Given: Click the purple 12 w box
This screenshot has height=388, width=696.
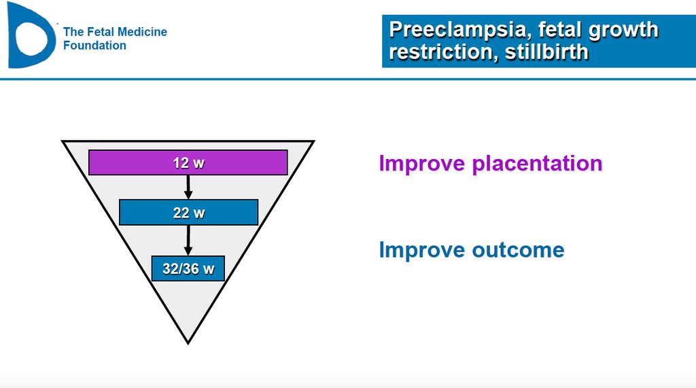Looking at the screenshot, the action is (188, 162).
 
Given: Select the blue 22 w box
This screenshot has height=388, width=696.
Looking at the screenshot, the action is (189, 212).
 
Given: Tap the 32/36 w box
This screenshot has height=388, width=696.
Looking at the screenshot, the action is (188, 268).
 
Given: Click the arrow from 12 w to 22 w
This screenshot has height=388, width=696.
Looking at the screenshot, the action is (188, 187).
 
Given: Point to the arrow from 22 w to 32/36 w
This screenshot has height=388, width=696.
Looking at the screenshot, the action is (188, 240).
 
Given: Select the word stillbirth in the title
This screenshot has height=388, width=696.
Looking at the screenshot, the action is (546, 52).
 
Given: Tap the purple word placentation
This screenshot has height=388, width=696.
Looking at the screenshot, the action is (537, 164).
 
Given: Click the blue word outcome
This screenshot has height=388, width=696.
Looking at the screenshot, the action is (518, 250).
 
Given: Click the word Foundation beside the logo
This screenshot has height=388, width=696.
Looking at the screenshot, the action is (94, 46).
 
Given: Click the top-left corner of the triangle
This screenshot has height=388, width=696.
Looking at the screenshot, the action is (63, 141).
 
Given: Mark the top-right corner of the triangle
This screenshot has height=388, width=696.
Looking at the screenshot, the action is (314, 141).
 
